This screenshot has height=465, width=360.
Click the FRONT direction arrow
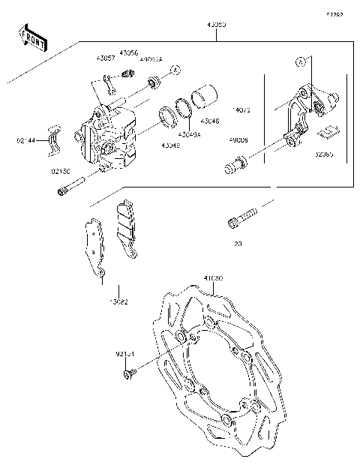(x=32, y=37)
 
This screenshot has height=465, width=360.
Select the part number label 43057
(x=105, y=58)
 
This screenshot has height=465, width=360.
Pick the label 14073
(x=239, y=110)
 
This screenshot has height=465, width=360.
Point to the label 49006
(x=239, y=140)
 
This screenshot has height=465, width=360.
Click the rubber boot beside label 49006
(x=235, y=164)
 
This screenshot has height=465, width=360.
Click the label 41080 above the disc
(x=212, y=278)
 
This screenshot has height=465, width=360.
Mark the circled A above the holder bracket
(x=300, y=61)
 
